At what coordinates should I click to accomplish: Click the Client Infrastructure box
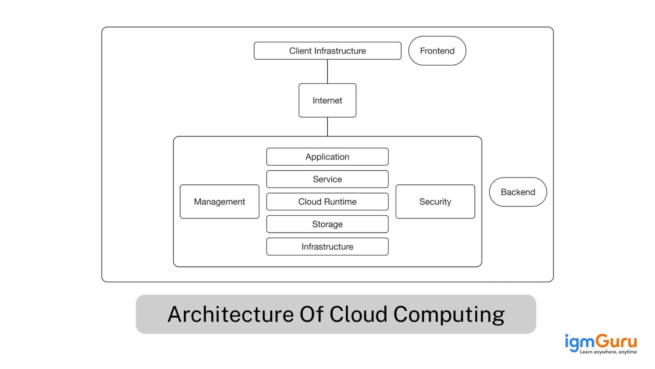327,51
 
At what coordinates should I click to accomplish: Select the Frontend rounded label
437,51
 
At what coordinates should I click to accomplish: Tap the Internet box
327,100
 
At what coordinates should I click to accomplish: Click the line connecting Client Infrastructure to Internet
327,72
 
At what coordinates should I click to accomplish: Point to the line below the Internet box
327,127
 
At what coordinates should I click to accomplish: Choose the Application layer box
327,157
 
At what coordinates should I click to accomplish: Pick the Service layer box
327,179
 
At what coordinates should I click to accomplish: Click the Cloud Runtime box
327,202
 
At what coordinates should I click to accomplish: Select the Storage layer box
327,224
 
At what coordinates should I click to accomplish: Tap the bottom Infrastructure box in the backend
327,247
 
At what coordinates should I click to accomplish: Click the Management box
219,202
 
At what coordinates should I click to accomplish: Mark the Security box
435,202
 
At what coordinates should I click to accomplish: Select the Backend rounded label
518,192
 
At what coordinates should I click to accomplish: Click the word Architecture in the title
230,314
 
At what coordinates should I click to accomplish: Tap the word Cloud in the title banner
358,314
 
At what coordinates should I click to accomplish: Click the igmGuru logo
600,342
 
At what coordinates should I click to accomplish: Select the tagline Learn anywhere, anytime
608,352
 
